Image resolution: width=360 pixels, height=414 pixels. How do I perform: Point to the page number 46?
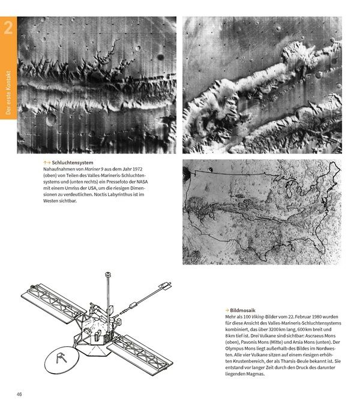tap(19, 394)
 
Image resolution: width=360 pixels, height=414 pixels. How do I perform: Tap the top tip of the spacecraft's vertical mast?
tap(107, 274)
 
